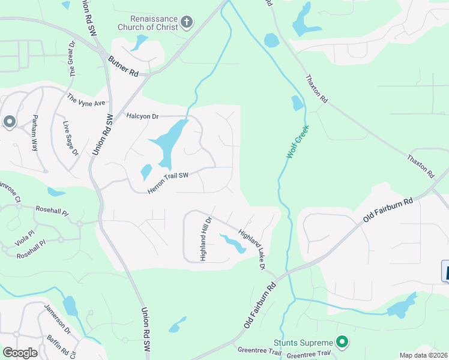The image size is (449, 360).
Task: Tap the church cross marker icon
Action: (187, 23)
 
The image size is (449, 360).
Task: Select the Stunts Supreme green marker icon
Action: (343, 343)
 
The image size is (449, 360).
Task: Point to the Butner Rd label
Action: (124, 65)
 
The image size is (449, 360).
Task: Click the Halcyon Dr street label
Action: (142, 115)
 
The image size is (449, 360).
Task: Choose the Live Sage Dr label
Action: (71, 138)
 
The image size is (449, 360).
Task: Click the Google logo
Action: (20, 353)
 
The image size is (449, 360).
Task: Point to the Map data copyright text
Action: (423, 355)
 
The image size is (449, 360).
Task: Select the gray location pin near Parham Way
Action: (9, 122)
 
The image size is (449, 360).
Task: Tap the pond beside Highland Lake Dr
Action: (232, 242)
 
